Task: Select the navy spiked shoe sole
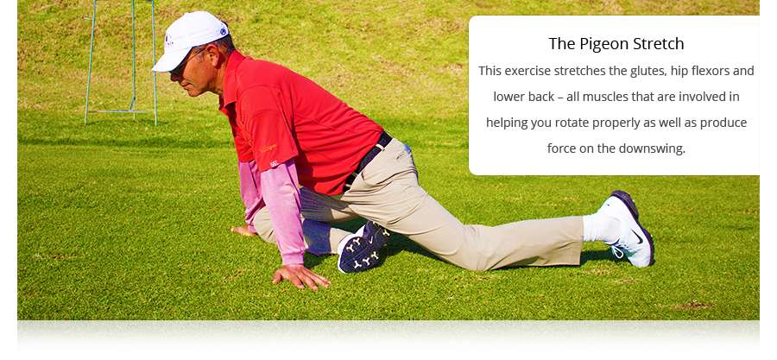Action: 363,248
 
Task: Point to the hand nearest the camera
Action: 300,276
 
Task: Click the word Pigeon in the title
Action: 603,44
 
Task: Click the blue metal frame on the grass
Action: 122,62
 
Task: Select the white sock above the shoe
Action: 600,226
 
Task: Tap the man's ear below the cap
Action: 213,54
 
